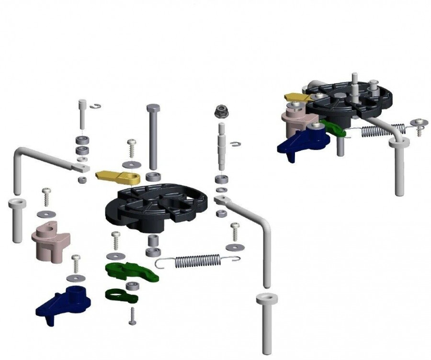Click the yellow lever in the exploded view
[117, 177]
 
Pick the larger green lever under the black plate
[129, 271]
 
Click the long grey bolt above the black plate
[154, 134]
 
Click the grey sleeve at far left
[16, 220]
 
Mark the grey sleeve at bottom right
[267, 321]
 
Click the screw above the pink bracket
[46, 197]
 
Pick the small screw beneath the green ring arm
[133, 315]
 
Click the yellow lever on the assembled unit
[297, 97]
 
